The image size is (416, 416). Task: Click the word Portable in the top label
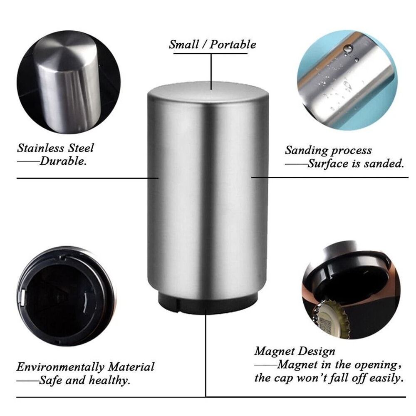(233, 45)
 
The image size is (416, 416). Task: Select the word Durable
(63, 161)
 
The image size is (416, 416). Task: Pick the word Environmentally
(60, 367)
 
